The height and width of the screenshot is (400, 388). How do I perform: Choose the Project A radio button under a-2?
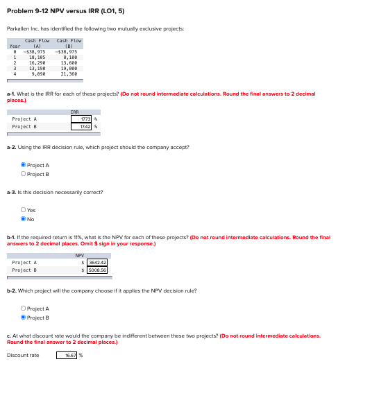(24, 165)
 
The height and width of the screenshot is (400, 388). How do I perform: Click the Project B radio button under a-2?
(24, 173)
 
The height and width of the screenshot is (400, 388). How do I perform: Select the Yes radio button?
(24, 210)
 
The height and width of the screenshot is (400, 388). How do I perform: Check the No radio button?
(24, 219)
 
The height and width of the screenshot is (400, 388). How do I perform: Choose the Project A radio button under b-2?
(24, 308)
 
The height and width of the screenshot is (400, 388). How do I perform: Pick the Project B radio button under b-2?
(24, 317)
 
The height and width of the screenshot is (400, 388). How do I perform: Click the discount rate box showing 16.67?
(69, 355)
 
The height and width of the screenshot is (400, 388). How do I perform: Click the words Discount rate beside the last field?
(23, 355)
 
